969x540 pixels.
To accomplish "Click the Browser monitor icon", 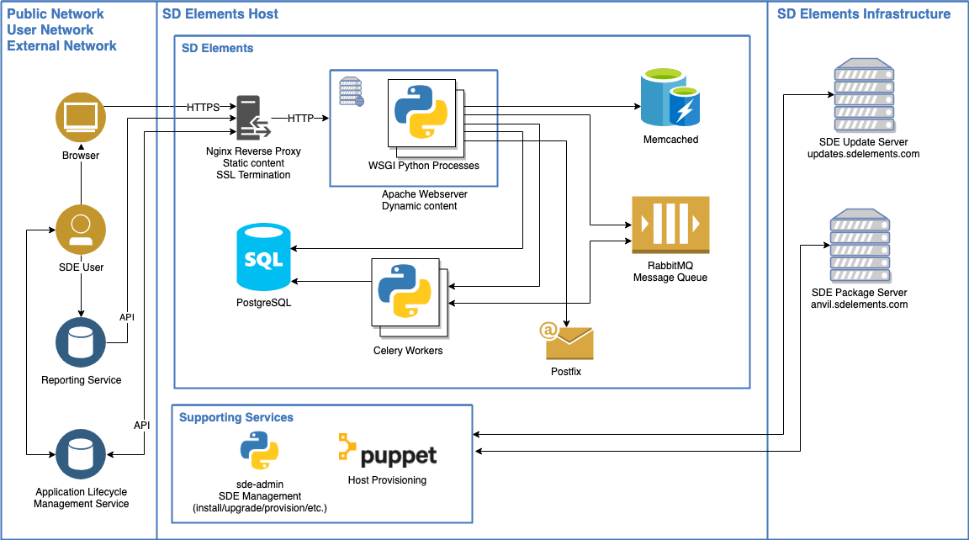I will tap(81, 119).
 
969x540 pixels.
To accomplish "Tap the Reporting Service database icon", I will tap(81, 342).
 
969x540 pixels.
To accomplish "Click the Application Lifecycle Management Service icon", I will tap(81, 453).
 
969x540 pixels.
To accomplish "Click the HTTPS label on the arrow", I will tap(203, 108).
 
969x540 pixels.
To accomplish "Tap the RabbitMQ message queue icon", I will tap(670, 225).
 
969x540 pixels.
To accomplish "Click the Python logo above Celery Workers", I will tap(404, 291).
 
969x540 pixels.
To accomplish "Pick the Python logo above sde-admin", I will tap(259, 451).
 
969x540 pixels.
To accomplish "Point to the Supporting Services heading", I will tap(236, 417).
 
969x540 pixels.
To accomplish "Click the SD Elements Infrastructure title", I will tap(864, 13).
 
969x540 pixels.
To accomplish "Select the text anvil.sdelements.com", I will tap(859, 304).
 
